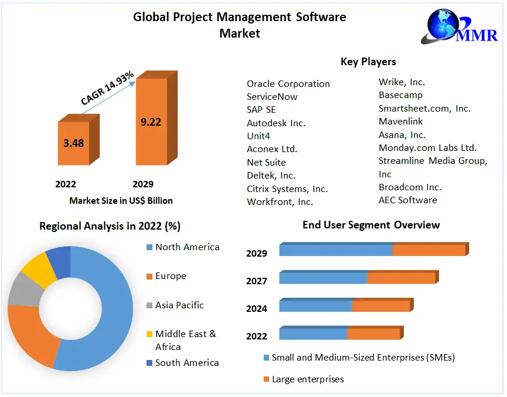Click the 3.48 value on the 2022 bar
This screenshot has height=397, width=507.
click(74, 143)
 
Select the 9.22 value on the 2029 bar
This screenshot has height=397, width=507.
click(151, 122)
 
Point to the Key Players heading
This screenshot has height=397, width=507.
click(368, 62)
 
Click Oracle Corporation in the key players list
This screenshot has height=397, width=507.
click(288, 84)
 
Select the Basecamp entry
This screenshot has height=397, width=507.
click(400, 95)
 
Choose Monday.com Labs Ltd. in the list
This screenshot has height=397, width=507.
click(427, 148)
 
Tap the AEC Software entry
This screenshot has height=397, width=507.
click(407, 200)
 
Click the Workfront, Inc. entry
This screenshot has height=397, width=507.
click(280, 202)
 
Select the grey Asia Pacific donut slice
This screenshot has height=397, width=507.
click(22, 289)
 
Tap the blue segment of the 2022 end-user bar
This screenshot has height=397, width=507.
click(313, 334)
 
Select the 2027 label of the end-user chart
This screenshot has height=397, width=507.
click(257, 281)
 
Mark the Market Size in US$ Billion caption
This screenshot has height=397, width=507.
click(121, 201)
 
